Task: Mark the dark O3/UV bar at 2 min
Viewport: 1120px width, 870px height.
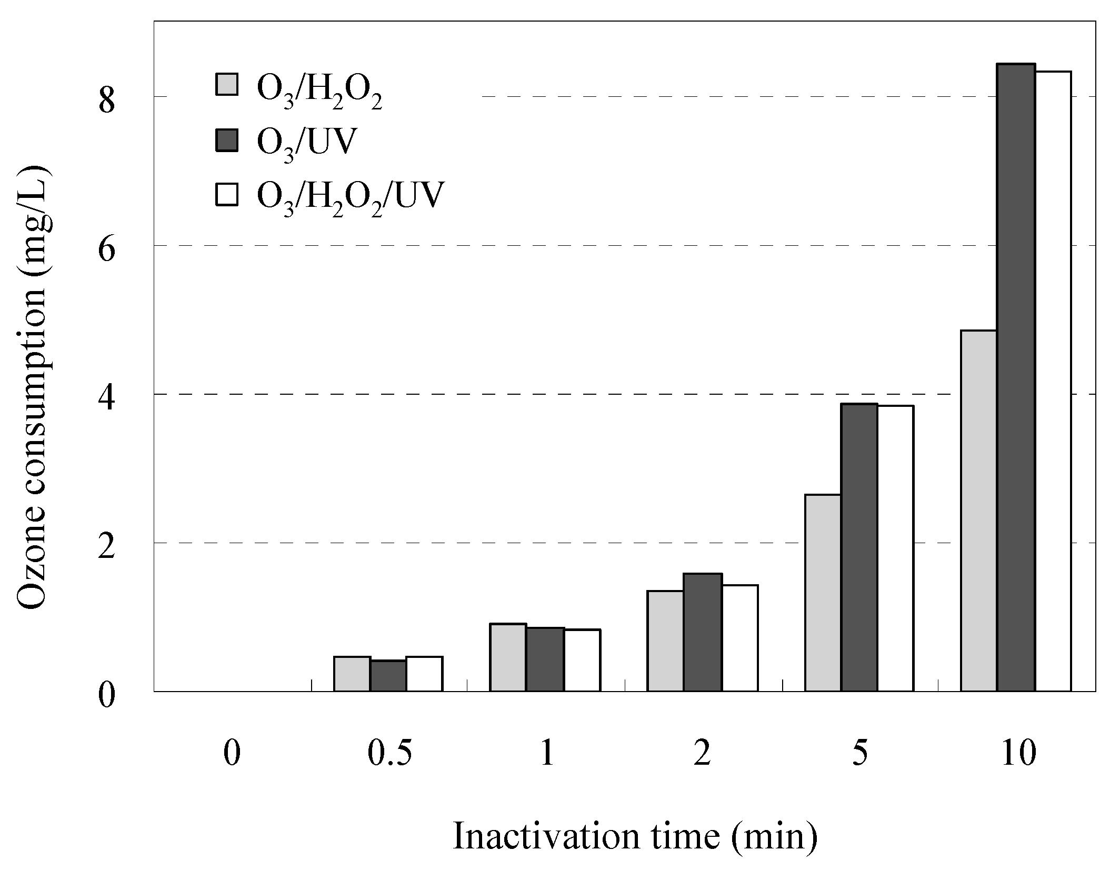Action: (x=703, y=632)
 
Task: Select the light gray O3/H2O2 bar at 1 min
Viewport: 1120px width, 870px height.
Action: (x=508, y=657)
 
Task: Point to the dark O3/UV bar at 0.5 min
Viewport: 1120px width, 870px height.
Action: (x=388, y=676)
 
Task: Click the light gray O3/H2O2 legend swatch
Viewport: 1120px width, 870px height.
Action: (x=227, y=84)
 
